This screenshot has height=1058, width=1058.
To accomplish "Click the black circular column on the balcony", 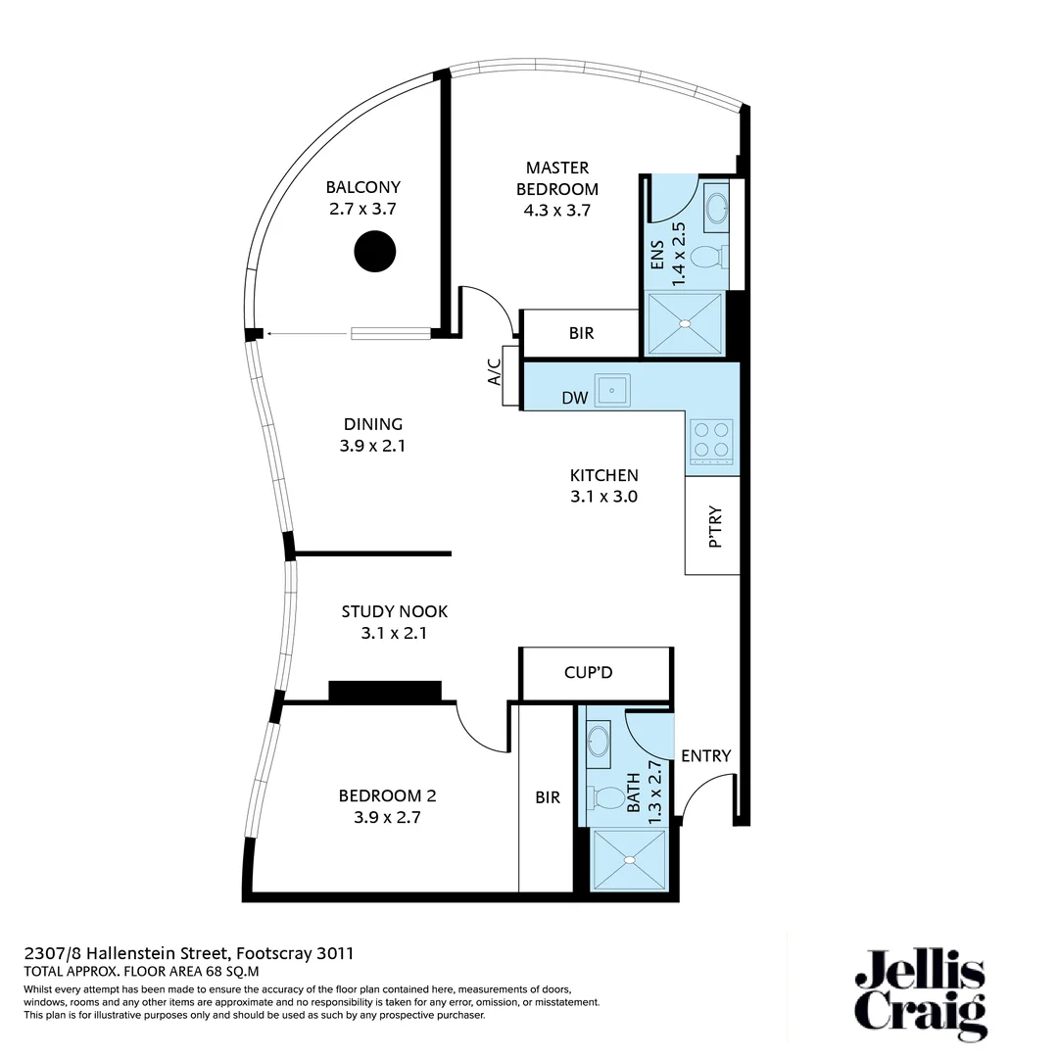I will tap(374, 251).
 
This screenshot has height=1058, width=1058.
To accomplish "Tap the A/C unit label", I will tap(495, 375).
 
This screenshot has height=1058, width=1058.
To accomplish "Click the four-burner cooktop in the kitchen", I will tap(712, 440).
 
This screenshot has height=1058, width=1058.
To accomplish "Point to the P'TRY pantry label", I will tap(714, 527).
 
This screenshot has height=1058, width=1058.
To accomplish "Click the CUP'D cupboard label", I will tap(589, 673).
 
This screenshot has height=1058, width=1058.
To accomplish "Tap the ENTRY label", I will tap(705, 755).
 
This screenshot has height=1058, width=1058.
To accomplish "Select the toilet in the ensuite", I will tap(708, 258).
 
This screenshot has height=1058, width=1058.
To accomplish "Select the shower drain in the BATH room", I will tap(630, 859).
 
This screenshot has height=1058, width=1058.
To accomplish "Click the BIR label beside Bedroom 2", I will tap(548, 797).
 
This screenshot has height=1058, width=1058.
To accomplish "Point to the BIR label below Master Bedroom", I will tap(581, 333).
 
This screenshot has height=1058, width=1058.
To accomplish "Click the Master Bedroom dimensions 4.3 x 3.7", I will tap(556, 210).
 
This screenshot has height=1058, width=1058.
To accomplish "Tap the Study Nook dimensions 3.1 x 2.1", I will tap(395, 634).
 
